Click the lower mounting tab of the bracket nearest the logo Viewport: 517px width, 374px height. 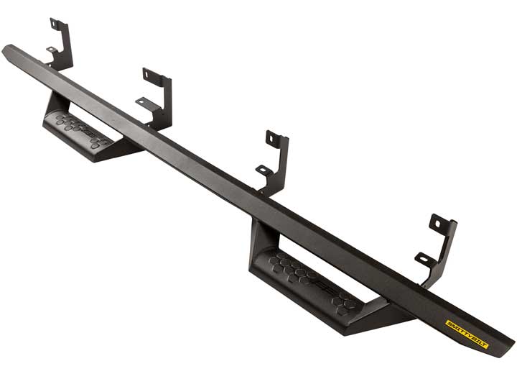click(424, 257)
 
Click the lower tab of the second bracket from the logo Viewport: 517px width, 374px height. click(264, 170)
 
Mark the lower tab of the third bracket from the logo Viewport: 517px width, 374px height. click(143, 103)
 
